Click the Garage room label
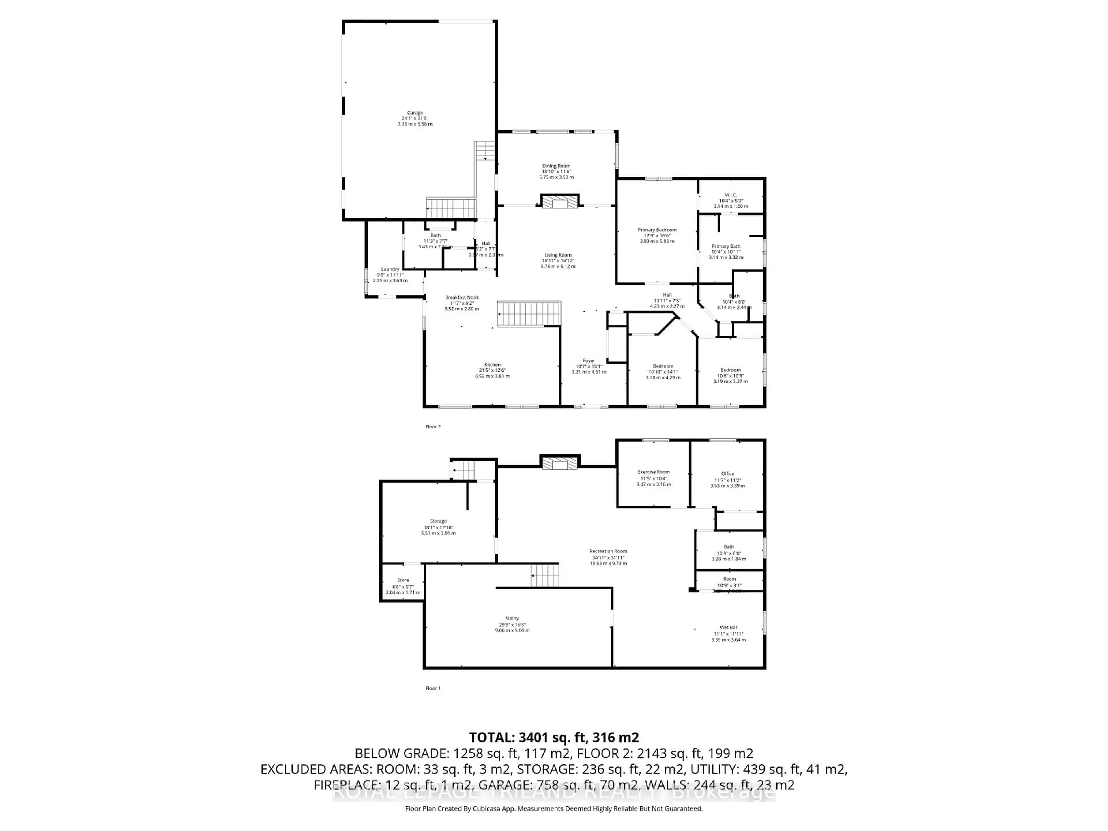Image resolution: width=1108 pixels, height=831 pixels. pyautogui.click(x=415, y=113)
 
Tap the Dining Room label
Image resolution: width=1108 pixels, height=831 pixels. pyautogui.click(x=556, y=166)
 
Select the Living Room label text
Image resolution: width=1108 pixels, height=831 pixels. pyautogui.click(x=558, y=255)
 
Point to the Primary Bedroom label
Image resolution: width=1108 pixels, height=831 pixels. pyautogui.click(x=657, y=230)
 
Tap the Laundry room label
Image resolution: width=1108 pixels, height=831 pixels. pyautogui.click(x=390, y=269)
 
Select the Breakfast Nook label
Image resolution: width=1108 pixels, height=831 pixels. pyautogui.click(x=462, y=297)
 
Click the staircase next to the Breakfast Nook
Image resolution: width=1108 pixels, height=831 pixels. pyautogui.click(x=528, y=314)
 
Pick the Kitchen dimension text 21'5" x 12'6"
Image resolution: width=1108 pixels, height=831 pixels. pyautogui.click(x=492, y=370)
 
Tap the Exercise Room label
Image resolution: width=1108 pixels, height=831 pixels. pyautogui.click(x=653, y=472)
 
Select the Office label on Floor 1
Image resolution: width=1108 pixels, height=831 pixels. pyautogui.click(x=727, y=473)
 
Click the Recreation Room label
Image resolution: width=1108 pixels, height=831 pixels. pyautogui.click(x=608, y=551)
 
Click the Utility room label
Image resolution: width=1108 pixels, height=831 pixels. pyautogui.click(x=512, y=618)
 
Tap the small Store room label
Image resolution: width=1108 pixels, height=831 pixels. pyautogui.click(x=403, y=580)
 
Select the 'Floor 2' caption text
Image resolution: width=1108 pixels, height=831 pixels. pyautogui.click(x=433, y=427)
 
